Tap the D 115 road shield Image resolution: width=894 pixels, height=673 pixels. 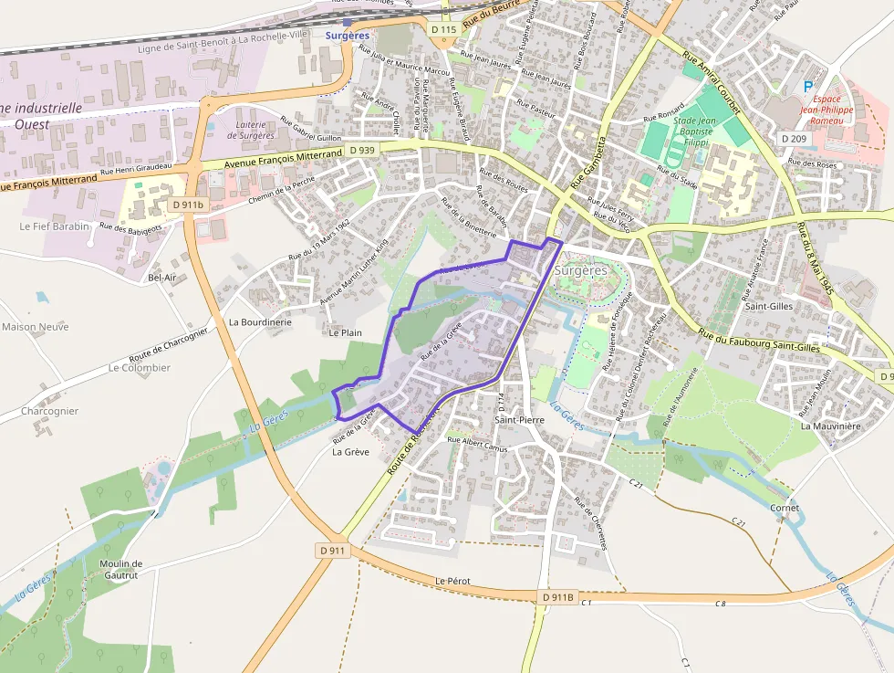point(442,30)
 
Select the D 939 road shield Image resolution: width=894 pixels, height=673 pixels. point(362,150)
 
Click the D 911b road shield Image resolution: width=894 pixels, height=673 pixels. point(188,205)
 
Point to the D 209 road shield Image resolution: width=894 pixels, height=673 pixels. point(794,138)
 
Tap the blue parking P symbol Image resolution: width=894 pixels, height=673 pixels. point(807,86)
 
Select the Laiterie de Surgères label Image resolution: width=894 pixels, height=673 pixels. point(251,130)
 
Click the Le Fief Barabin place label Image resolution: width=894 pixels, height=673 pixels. point(55,226)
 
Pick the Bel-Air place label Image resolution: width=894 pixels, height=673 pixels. point(161,277)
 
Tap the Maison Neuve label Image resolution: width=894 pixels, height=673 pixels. point(36,326)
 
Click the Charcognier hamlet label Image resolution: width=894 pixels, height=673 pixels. point(50,411)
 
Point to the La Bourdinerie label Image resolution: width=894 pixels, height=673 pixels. point(260,321)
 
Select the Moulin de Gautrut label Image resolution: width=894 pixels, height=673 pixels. point(120,569)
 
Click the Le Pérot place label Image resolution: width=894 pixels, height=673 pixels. point(452,581)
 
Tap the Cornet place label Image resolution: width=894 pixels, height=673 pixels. point(785,508)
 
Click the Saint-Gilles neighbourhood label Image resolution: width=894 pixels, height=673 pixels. point(768,307)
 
